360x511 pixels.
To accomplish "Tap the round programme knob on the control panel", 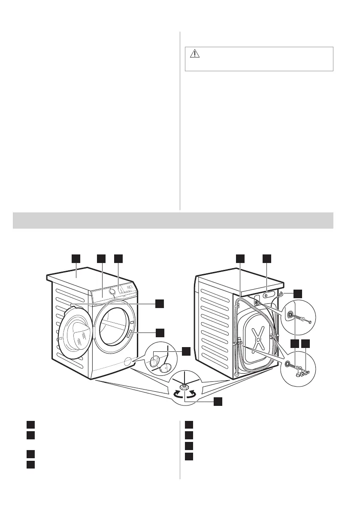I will (112, 291).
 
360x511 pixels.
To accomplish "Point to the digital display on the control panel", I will (128, 285).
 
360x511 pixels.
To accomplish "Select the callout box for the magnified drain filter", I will (186, 351).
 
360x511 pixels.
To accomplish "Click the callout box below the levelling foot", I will (218, 401).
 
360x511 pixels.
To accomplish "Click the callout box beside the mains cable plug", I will (297, 294).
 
